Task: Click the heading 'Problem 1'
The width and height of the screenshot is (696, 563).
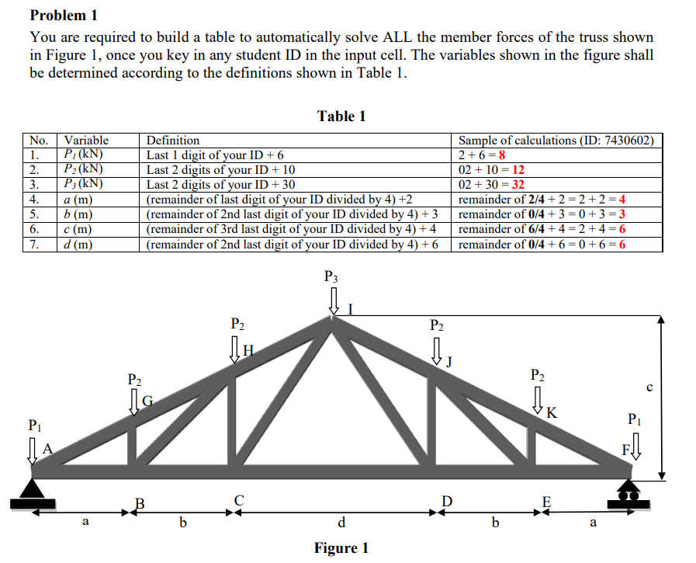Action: click(63, 15)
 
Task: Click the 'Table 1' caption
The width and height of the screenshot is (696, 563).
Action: click(341, 116)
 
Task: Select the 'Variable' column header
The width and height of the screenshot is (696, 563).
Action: click(86, 141)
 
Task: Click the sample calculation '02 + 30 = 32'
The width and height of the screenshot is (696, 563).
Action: click(492, 185)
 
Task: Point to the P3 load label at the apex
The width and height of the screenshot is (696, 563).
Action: click(331, 276)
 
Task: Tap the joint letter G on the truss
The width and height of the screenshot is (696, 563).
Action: click(147, 401)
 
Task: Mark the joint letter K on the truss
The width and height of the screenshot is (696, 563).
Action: click(551, 412)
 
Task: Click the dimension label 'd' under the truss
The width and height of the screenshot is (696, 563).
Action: click(341, 521)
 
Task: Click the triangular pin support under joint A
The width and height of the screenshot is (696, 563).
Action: click(31, 488)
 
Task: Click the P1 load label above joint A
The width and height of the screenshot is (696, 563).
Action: click(34, 425)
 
